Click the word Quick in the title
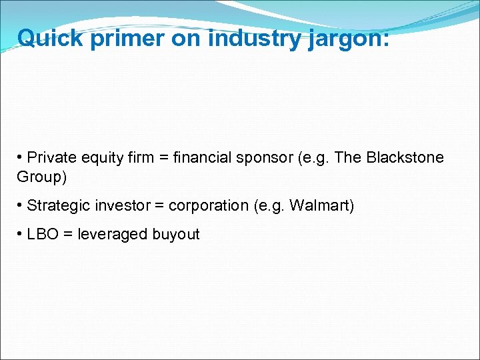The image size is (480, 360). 50,38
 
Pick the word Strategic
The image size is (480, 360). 55,206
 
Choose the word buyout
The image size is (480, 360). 177,235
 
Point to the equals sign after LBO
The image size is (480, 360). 67,234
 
